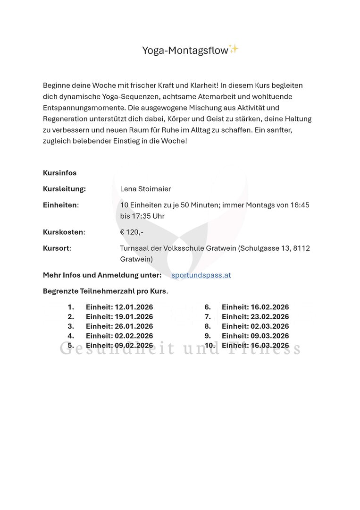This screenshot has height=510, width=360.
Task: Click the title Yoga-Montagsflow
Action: pos(185,50)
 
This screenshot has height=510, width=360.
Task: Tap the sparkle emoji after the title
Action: pos(233,48)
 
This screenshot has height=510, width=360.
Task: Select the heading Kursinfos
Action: pos(59,173)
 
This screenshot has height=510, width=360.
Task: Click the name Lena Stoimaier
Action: pos(145,189)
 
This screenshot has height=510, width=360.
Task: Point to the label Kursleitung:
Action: pos(64,189)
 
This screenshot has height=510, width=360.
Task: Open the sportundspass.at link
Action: pos(201,275)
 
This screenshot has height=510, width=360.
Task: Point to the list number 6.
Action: pos(207,307)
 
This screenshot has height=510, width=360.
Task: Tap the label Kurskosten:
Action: pos(64,232)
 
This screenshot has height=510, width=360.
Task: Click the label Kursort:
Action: pos(57,248)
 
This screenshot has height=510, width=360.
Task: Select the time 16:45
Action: pos(300,205)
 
